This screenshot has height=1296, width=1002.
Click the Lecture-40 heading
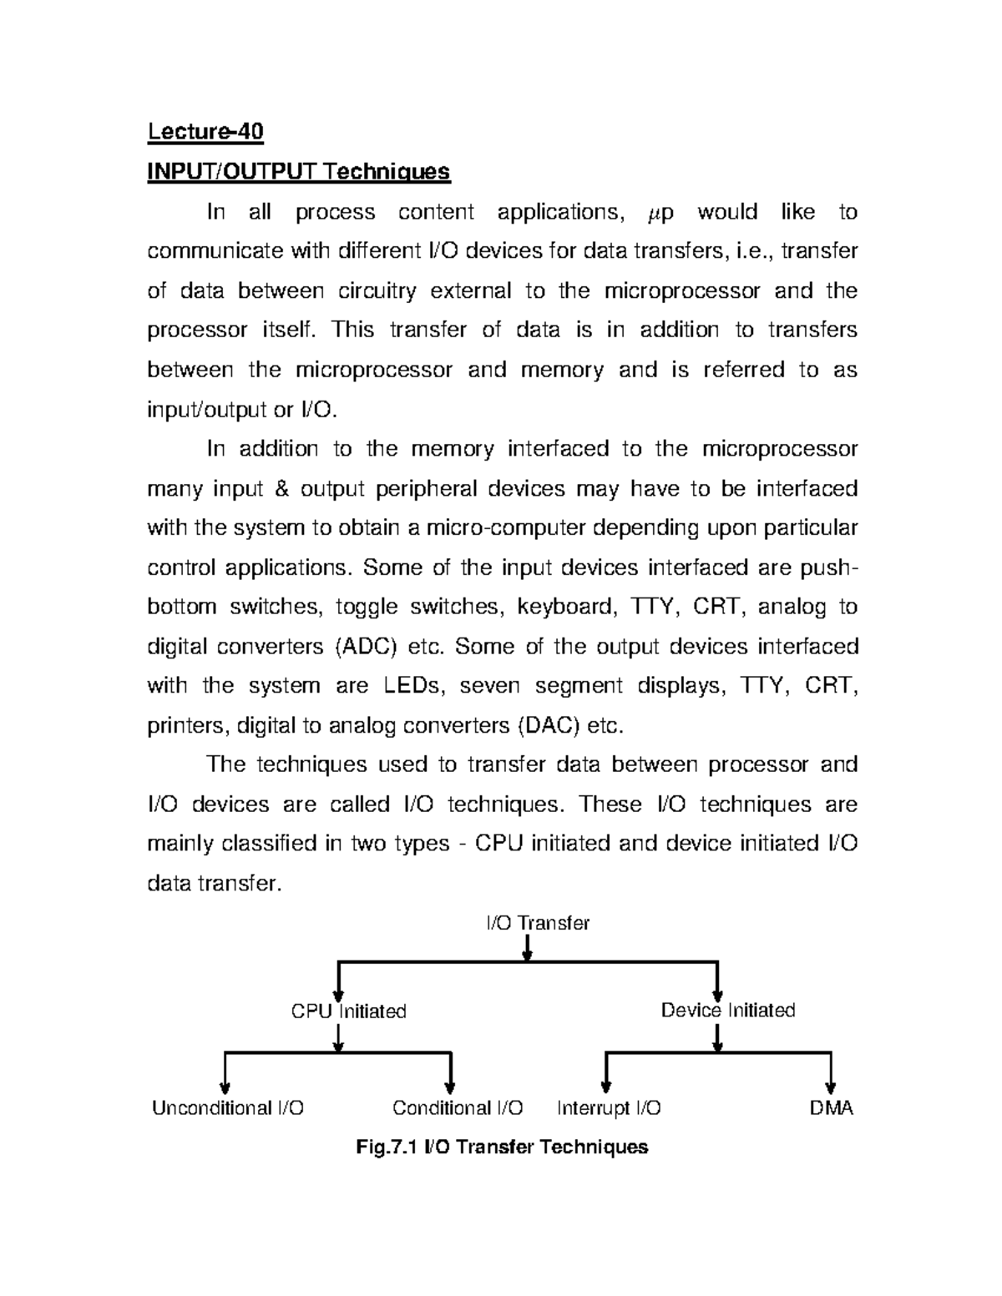point(205,132)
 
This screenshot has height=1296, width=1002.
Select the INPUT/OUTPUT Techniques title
point(298,172)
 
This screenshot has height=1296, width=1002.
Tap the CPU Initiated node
point(348,1011)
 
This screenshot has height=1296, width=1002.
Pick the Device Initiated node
point(727,1011)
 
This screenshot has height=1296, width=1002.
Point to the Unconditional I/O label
point(227,1108)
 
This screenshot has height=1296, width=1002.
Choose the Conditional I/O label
point(458,1108)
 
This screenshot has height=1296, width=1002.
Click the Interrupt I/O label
point(609,1108)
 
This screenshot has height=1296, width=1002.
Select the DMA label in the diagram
point(831,1108)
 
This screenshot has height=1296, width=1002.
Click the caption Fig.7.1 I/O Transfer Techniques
point(502,1147)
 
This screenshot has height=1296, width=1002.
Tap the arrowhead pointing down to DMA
point(830,1086)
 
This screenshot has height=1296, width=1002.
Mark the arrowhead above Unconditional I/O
point(225,1087)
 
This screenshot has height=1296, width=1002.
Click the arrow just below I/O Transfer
point(527,950)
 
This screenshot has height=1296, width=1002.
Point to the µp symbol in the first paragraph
point(660,213)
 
